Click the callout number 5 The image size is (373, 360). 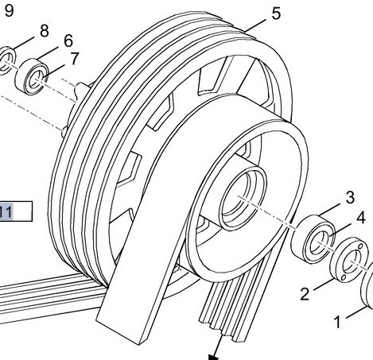(x=275, y=14)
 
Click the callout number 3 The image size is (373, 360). (x=348, y=197)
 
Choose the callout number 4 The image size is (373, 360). (x=360, y=216)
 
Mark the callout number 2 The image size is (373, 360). (x=305, y=295)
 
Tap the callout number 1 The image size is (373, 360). (x=337, y=322)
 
